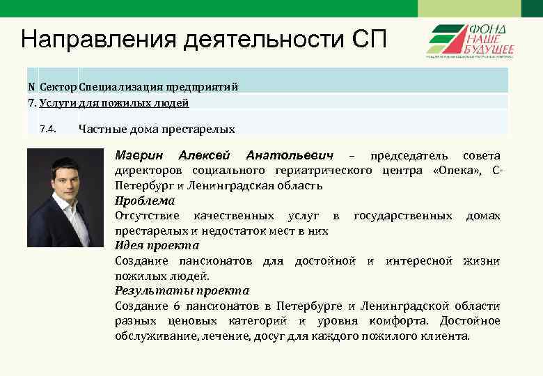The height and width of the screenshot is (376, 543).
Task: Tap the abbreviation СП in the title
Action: point(366,39)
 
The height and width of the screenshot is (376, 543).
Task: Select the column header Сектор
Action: point(58,87)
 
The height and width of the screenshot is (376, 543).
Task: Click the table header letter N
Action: point(31,87)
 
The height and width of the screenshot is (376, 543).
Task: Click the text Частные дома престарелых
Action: point(157,129)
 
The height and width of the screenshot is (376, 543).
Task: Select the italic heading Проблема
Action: point(144,201)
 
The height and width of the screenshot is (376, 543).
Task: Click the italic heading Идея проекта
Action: point(157,245)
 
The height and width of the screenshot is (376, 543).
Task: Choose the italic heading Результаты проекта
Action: point(181,290)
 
